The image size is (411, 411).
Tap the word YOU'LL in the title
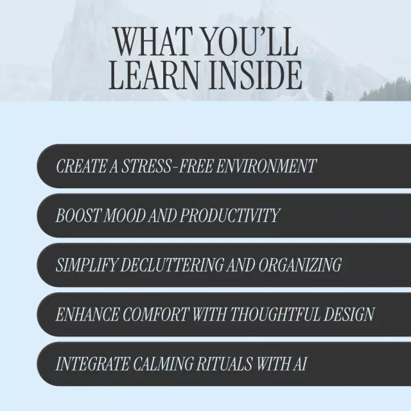point(247,43)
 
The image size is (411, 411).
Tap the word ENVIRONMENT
point(267,166)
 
